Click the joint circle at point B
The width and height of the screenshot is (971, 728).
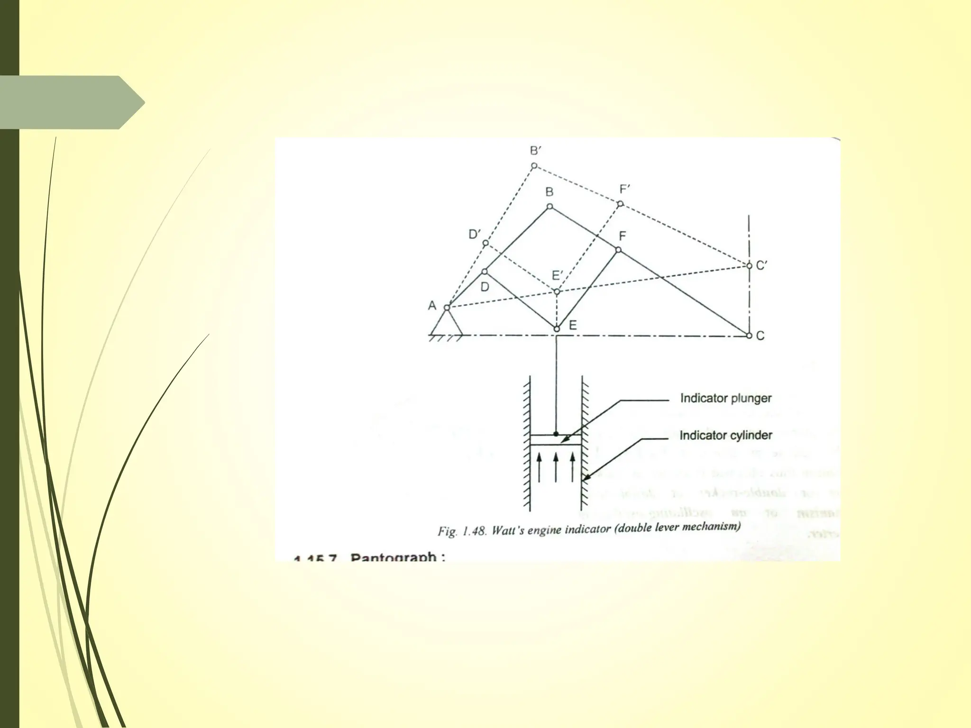click(550, 207)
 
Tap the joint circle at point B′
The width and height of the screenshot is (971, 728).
click(534, 166)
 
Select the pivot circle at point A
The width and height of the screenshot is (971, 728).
click(447, 308)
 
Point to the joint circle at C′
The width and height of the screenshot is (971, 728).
click(749, 266)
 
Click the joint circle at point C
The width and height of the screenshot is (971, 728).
click(749, 336)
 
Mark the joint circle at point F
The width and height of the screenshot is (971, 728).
click(618, 250)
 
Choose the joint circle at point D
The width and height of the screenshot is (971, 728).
click(485, 272)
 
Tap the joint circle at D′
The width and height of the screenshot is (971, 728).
click(485, 243)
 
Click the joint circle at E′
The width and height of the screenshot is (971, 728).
click(557, 291)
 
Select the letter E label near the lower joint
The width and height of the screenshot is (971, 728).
click(573, 326)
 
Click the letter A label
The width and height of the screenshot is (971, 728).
click(432, 306)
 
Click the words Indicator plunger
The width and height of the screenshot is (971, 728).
click(725, 398)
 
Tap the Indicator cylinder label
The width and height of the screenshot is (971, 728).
click(725, 435)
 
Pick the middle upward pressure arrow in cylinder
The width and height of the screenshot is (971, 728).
click(556, 467)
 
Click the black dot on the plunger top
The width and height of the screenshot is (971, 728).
click(556, 434)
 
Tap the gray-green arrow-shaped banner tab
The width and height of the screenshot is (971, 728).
click(71, 102)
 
